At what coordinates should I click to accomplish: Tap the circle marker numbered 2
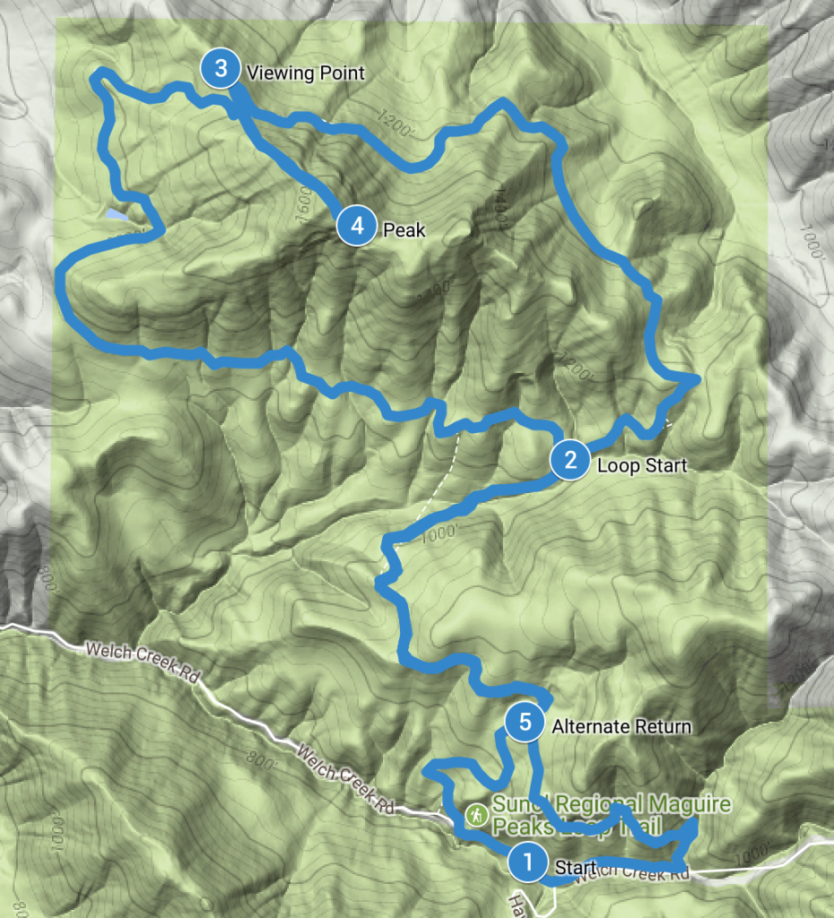pos(570,461)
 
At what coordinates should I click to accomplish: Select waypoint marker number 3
pos(221,69)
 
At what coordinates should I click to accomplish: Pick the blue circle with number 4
pos(357,226)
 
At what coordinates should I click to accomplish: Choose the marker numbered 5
pos(525,722)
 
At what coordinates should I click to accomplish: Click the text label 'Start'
pos(576,867)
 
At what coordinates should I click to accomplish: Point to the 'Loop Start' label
pos(642,465)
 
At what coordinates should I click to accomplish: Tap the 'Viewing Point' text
pos(306,74)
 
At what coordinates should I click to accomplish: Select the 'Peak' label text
pos(404,229)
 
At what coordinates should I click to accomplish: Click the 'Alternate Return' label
pos(621,726)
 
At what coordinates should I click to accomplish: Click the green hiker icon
pos(476,815)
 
